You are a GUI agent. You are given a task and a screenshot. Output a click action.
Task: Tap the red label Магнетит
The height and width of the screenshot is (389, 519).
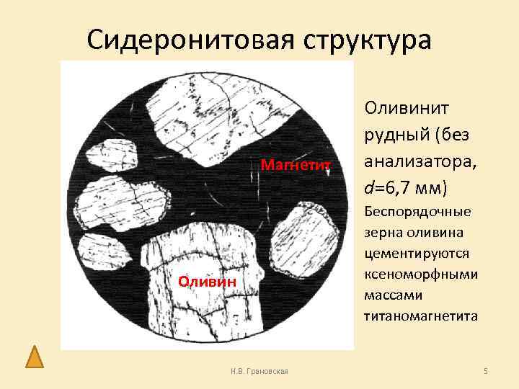click(x=296, y=166)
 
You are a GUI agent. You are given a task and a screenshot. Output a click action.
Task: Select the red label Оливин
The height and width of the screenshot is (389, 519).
click(x=207, y=282)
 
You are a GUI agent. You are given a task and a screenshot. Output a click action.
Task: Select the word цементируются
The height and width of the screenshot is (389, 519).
click(x=417, y=254)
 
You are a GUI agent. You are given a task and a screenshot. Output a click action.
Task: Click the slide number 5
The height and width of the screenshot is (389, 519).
click(x=486, y=370)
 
